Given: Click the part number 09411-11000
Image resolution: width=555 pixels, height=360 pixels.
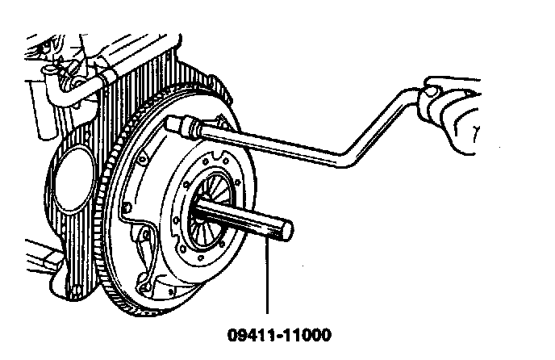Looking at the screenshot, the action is tap(280, 333).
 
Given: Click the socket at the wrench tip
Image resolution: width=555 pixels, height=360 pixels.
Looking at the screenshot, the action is tap(182, 124).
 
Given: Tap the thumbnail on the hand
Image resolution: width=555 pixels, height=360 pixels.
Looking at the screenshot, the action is tap(434, 91).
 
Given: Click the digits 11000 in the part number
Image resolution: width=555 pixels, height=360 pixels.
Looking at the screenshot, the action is tap(305, 333).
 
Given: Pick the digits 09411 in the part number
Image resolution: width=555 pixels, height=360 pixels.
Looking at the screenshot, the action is tap(252, 333).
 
